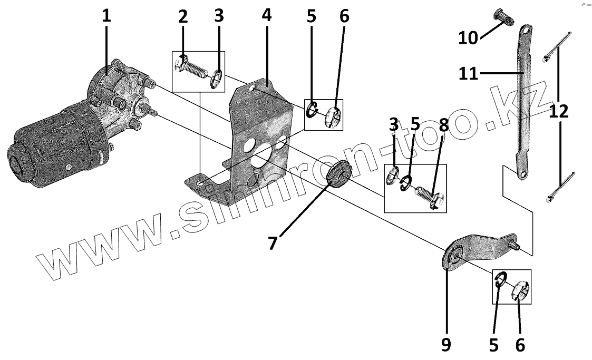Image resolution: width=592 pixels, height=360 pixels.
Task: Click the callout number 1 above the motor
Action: [106, 15]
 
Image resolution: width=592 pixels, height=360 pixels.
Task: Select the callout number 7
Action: [272, 244]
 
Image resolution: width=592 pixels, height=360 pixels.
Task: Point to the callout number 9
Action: [446, 344]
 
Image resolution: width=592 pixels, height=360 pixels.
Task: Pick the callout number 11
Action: [468, 73]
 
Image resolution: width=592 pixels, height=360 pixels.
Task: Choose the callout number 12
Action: [559, 111]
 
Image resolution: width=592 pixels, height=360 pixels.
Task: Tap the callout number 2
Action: [183, 16]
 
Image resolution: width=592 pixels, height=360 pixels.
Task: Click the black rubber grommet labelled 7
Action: [338, 173]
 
